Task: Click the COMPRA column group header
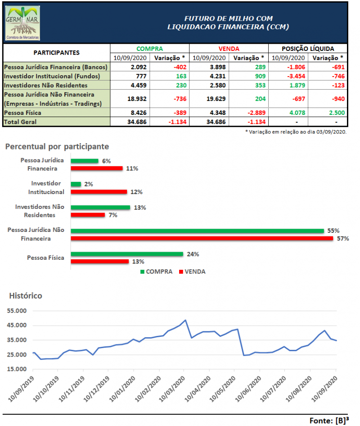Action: pyautogui.click(x=149, y=49)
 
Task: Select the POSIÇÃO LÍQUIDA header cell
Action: pyautogui.click(x=308, y=49)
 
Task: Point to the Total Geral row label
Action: pyautogui.click(x=20, y=122)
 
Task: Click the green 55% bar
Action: pyautogui.click(x=197, y=231)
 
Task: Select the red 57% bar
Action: pyautogui.click(x=201, y=238)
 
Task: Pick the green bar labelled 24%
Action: pyautogui.click(x=127, y=254)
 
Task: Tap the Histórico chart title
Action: pyautogui.click(x=26, y=296)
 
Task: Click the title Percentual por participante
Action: pyautogui.click(x=57, y=146)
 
